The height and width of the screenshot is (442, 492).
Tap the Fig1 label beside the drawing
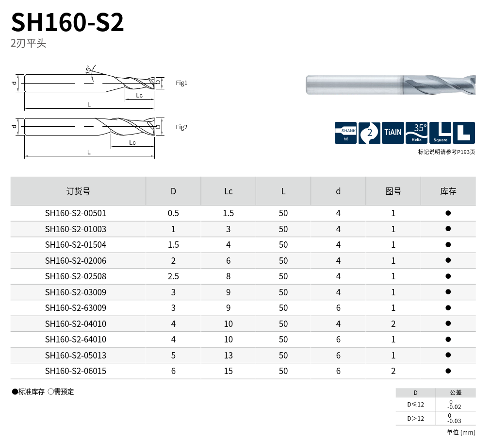point(181,83)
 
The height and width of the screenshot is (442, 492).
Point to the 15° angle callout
point(88,69)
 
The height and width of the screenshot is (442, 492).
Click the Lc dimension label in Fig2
point(132,143)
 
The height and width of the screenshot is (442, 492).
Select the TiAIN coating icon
point(393,133)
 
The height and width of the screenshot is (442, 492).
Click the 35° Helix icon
point(416,133)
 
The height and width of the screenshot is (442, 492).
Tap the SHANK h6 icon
point(345,133)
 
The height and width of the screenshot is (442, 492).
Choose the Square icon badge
point(440,133)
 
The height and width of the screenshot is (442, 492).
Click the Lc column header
point(228,191)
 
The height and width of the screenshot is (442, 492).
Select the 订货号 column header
point(78,191)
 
